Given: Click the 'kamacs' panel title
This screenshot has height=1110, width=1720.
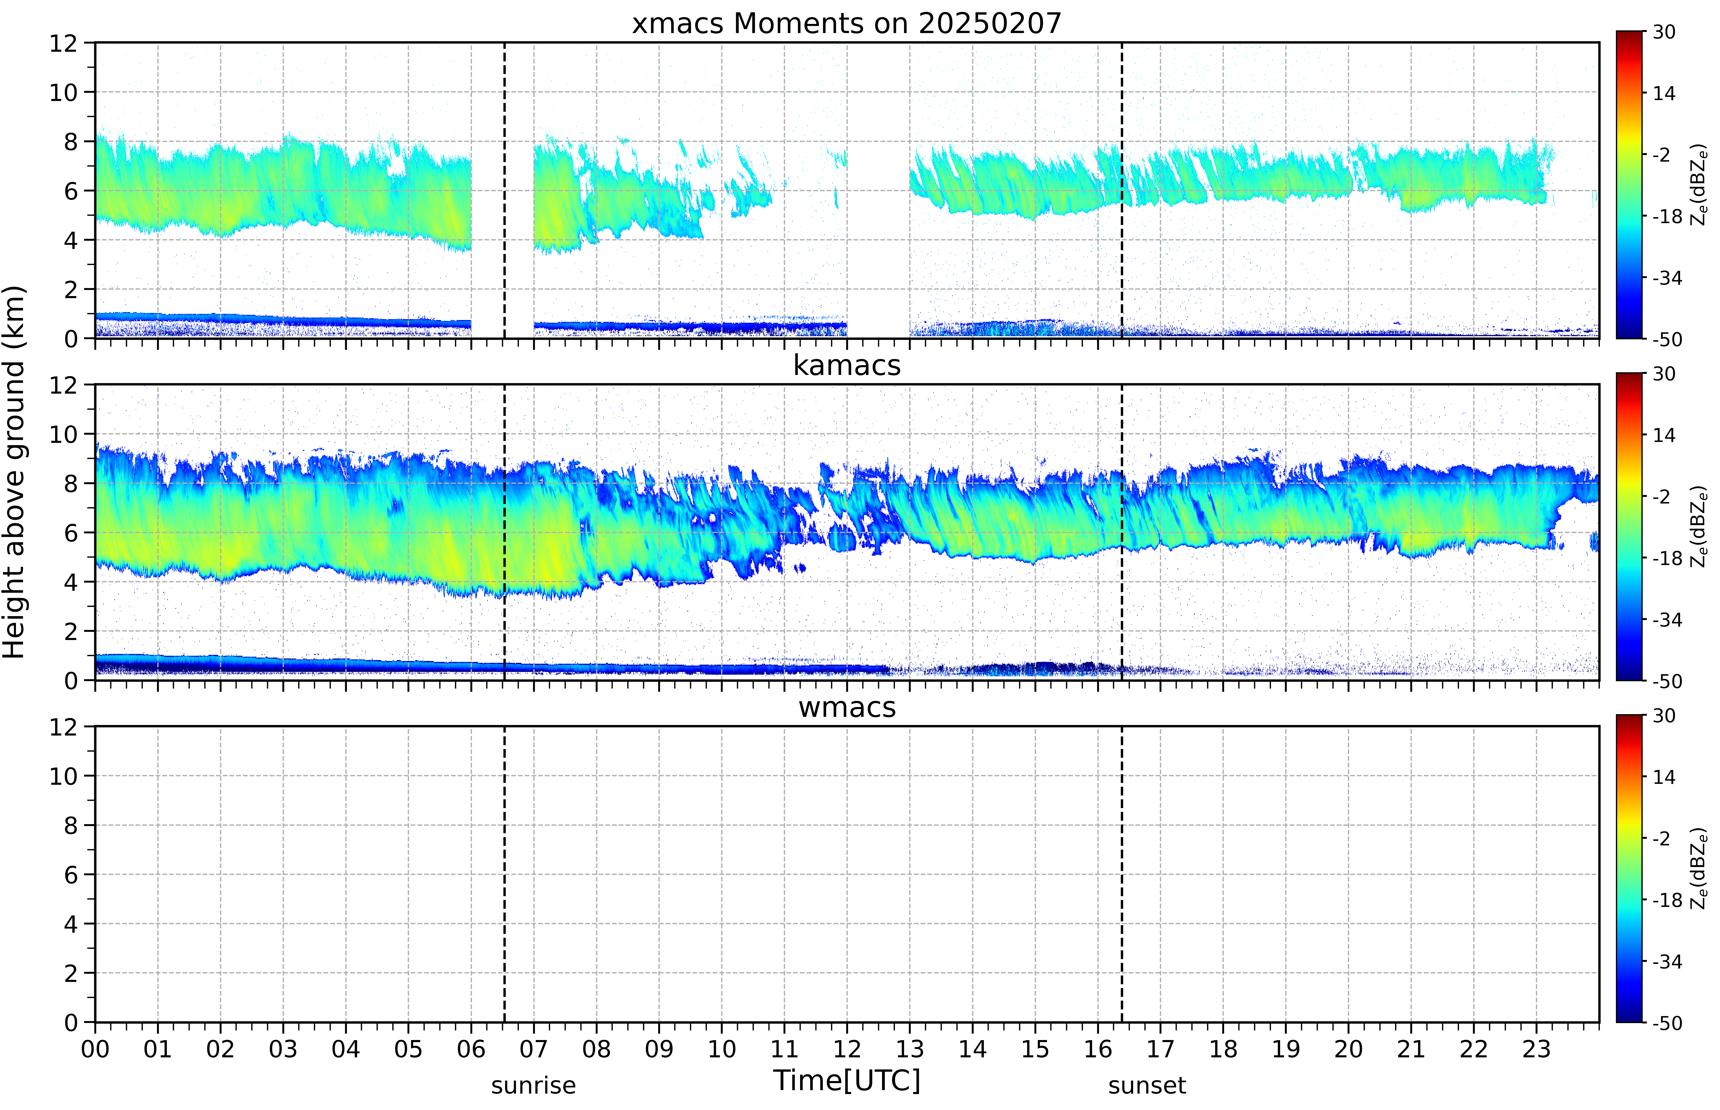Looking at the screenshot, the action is [x=847, y=365].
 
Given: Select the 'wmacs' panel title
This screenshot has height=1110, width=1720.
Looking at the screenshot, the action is [x=847, y=707].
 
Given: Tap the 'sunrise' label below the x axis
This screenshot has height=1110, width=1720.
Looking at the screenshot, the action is [x=533, y=1085].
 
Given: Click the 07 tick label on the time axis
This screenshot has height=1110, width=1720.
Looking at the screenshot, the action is [x=533, y=1049].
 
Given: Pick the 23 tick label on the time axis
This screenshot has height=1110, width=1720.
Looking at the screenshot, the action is [x=1536, y=1049].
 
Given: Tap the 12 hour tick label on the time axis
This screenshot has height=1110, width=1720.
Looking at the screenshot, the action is [x=847, y=1049].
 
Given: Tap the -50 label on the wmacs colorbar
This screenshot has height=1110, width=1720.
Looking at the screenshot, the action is [x=1667, y=1023].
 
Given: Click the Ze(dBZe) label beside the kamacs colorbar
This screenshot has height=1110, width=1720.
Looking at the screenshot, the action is [x=1698, y=526].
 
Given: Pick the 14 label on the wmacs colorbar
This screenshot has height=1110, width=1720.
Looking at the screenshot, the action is [x=1664, y=777].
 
